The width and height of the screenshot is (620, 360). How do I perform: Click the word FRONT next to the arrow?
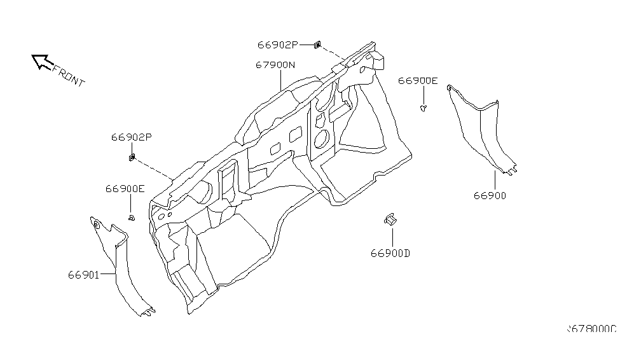coord(68,76)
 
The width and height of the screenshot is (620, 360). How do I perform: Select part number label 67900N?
coord(275,65)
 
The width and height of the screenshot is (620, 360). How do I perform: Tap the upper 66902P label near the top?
coord(277,45)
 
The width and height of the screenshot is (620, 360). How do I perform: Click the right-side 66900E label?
coord(418,81)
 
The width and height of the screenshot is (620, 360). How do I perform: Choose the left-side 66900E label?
coord(125,189)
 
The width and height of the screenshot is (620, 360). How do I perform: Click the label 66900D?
coord(390,253)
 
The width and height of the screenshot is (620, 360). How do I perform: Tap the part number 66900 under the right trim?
coord(489,196)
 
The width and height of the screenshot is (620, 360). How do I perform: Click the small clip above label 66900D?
coord(389,219)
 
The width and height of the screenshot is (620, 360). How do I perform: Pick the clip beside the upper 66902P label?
coord(317,45)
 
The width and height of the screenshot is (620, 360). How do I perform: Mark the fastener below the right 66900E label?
coord(424,108)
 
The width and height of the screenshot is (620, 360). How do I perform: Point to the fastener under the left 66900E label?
coord(131,218)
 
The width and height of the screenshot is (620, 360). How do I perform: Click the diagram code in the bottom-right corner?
coord(591,329)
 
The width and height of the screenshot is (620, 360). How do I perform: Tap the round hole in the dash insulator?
coord(321,137)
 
